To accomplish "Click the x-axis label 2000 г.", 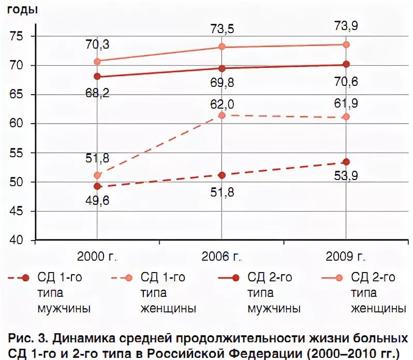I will (98, 257).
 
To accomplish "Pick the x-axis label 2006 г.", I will (222, 257).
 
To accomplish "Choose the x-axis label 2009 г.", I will (346, 257).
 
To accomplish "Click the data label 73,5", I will (222, 29).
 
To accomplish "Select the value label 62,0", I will (222, 104).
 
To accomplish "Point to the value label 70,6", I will (346, 81).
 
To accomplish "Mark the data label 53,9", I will (346, 176).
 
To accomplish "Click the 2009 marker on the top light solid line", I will (346, 44).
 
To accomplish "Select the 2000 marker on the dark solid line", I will (97, 77).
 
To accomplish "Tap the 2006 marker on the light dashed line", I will (222, 115).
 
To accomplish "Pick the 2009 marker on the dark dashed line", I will (346, 162).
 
